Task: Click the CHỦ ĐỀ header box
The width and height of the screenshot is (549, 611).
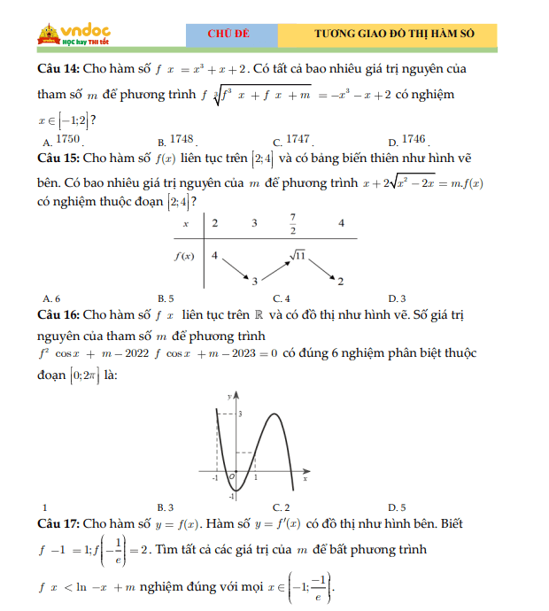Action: click(229, 34)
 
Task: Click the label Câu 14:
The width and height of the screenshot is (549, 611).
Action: click(59, 69)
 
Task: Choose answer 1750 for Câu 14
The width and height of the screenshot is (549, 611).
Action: click(67, 140)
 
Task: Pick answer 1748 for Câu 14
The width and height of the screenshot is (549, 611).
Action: click(182, 140)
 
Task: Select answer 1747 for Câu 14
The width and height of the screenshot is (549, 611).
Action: click(298, 140)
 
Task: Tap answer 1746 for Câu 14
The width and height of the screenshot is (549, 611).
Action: click(414, 140)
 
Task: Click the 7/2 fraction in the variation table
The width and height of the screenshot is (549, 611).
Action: click(292, 224)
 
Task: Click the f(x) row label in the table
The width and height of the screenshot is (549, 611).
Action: click(183, 257)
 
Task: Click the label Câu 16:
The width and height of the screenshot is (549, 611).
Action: click(59, 314)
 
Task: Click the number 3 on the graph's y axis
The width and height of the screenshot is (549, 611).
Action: click(239, 414)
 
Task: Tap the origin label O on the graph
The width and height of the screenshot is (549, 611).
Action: click(231, 477)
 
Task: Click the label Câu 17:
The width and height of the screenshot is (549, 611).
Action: click(59, 524)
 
